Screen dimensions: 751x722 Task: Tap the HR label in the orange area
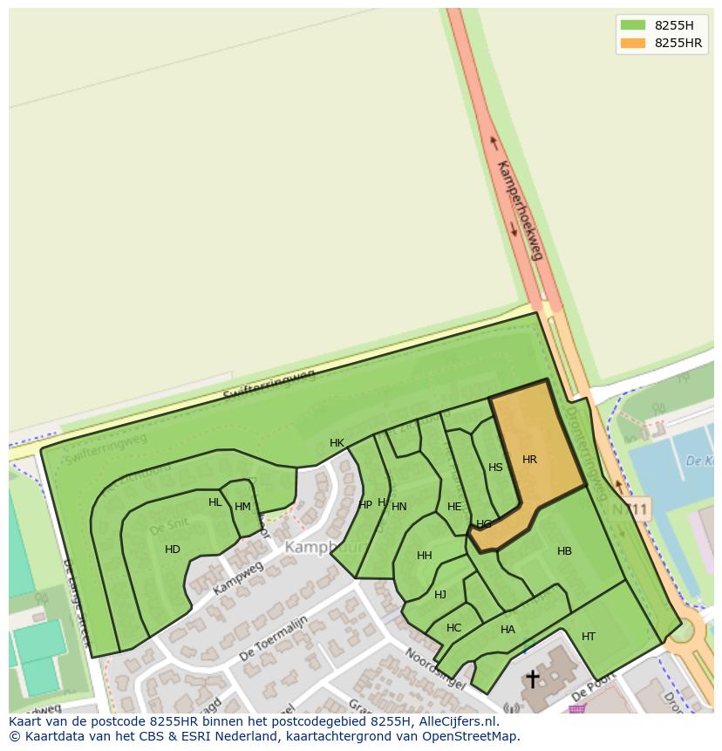pyautogui.click(x=529, y=460)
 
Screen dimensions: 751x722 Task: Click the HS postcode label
pyautogui.click(x=495, y=468)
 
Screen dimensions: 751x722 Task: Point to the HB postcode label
pyautogui.click(x=564, y=551)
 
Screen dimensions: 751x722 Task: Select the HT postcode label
pyautogui.click(x=589, y=637)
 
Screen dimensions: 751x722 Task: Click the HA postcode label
pyautogui.click(x=507, y=630)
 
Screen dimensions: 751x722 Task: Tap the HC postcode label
pyautogui.click(x=453, y=628)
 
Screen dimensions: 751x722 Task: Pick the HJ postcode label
pyautogui.click(x=440, y=595)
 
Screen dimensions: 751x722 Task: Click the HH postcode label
pyautogui.click(x=425, y=556)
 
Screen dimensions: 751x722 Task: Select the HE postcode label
pyautogui.click(x=454, y=507)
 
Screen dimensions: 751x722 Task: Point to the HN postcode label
pyautogui.click(x=399, y=507)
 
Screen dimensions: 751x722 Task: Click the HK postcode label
pyautogui.click(x=337, y=443)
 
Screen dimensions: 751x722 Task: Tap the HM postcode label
pyautogui.click(x=242, y=507)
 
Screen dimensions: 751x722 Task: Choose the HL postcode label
pyautogui.click(x=215, y=502)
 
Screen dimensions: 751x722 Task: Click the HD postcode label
pyautogui.click(x=173, y=550)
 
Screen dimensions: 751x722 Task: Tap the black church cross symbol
pyautogui.click(x=532, y=679)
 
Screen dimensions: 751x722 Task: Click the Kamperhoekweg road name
pyautogui.click(x=520, y=209)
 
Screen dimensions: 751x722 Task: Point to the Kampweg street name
pyautogui.click(x=237, y=578)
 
